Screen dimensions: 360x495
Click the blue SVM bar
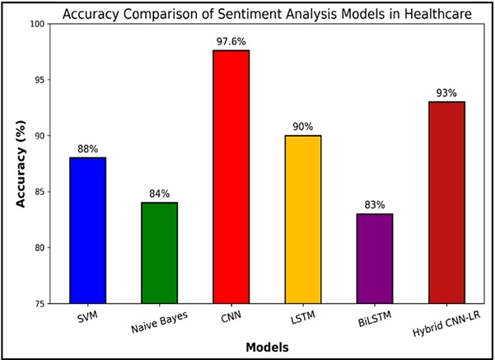pos(87,231)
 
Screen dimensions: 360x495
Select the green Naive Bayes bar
pos(159,253)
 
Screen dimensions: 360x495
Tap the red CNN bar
pos(231,177)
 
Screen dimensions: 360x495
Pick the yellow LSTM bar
pos(302,220)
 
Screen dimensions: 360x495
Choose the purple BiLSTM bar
pos(374,259)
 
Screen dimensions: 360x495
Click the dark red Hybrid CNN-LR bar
pos(446,203)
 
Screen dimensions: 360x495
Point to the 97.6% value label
pos(231,41)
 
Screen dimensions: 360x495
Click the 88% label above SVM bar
pos(87,149)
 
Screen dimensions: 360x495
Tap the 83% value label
pos(374,205)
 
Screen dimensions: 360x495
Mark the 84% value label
pos(159,194)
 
